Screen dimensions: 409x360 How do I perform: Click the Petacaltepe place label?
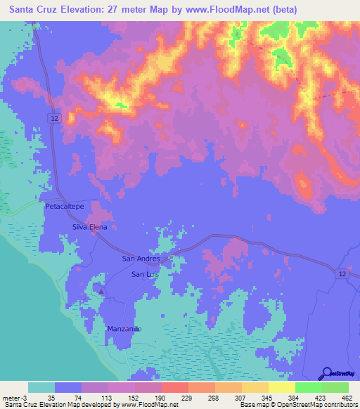[x=64, y=207]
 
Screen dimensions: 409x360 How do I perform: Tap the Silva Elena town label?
[x=89, y=228]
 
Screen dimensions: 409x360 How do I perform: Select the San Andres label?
[x=141, y=259]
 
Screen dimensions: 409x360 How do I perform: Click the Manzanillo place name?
[x=125, y=329]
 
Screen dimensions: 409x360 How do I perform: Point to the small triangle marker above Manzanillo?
[x=101, y=291]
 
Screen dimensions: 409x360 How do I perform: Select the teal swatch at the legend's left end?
[x=41, y=387]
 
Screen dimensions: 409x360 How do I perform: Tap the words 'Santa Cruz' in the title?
[x=34, y=10]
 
